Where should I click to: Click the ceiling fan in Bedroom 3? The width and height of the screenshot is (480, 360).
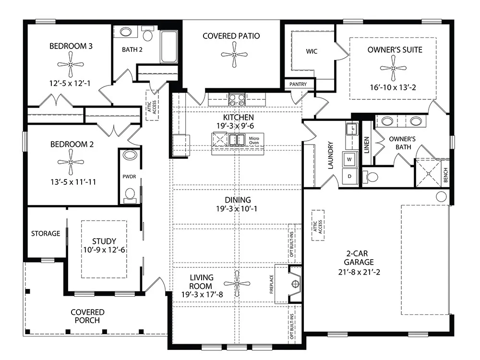point(71,64)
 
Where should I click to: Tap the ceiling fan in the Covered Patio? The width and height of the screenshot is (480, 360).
point(234,55)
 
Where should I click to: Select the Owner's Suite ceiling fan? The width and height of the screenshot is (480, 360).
point(394,68)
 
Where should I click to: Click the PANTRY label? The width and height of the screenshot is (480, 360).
point(298,84)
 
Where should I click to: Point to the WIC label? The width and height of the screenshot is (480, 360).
point(312,51)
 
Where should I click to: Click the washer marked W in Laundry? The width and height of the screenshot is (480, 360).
point(349,159)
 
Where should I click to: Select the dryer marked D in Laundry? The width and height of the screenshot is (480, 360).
point(349,176)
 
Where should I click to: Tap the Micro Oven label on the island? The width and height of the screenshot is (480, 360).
point(254,141)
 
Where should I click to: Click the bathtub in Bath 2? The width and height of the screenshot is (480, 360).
point(169,47)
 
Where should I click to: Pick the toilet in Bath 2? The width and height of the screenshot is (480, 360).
point(148,34)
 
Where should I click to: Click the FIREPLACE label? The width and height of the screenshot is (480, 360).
point(272,284)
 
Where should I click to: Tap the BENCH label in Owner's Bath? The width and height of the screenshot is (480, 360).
point(446,175)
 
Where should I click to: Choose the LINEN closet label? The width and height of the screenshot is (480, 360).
point(367,145)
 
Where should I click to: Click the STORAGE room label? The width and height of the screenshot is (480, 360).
point(46,234)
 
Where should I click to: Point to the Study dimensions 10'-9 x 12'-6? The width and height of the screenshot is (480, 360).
point(104,250)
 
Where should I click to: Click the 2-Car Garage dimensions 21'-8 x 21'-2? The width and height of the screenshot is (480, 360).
point(359,272)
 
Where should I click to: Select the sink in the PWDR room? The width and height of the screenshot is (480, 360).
point(130,155)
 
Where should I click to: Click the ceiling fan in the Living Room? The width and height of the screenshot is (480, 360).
point(237,284)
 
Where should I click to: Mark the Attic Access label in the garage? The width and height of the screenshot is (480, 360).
point(318,226)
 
